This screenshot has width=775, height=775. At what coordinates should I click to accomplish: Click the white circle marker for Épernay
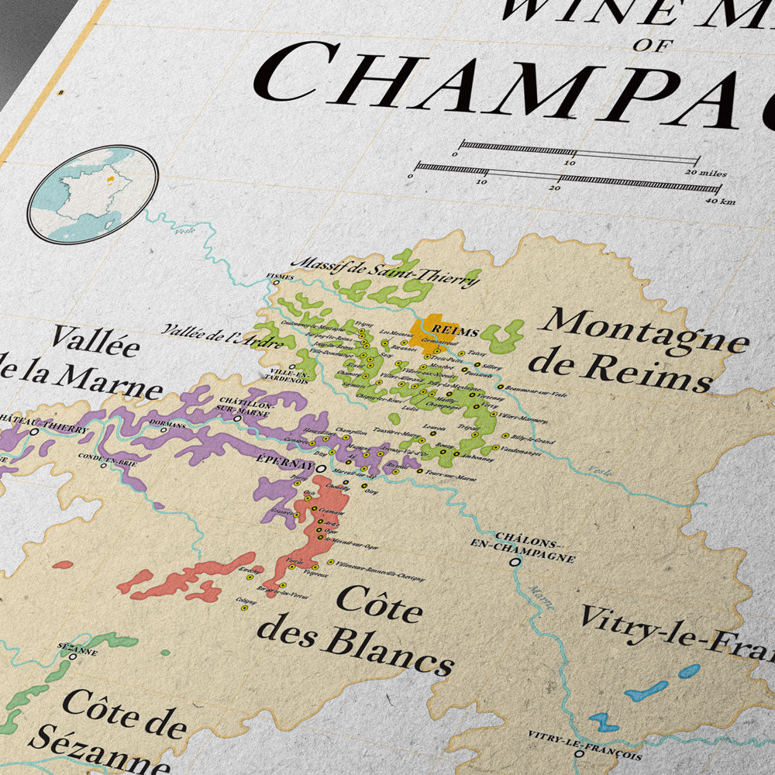click(x=319, y=467)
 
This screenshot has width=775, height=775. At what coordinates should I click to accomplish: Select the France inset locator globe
click(x=92, y=194)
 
